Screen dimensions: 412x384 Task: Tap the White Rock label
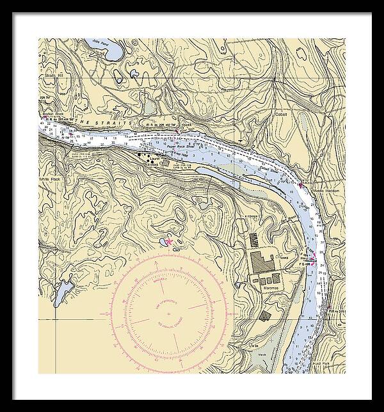point(49,178)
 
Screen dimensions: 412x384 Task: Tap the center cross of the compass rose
point(168,313)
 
